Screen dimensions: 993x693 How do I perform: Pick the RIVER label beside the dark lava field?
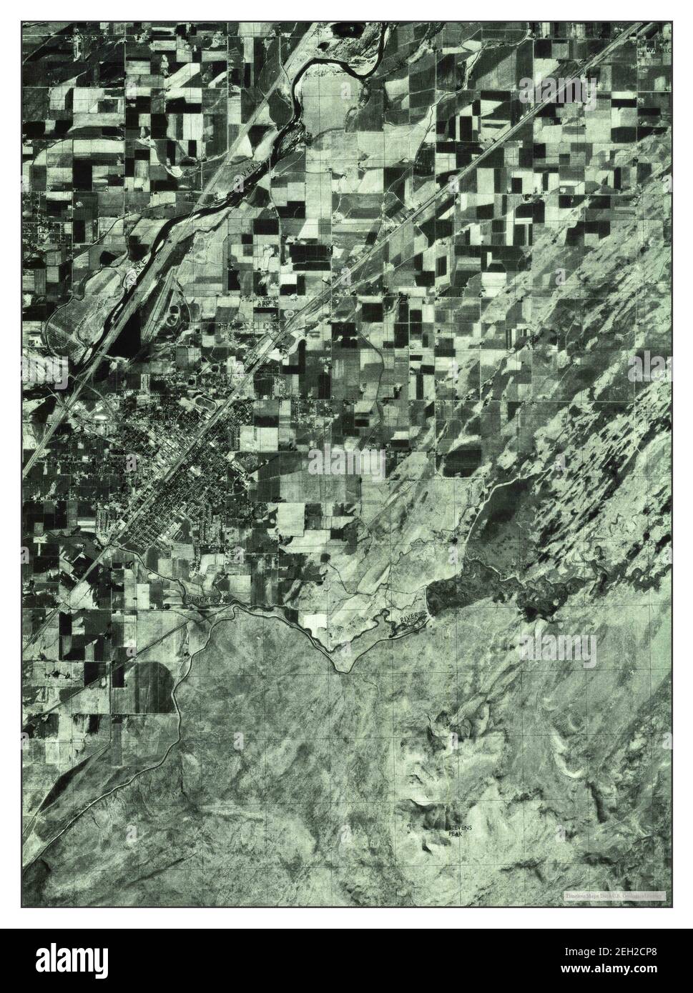[408, 615]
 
